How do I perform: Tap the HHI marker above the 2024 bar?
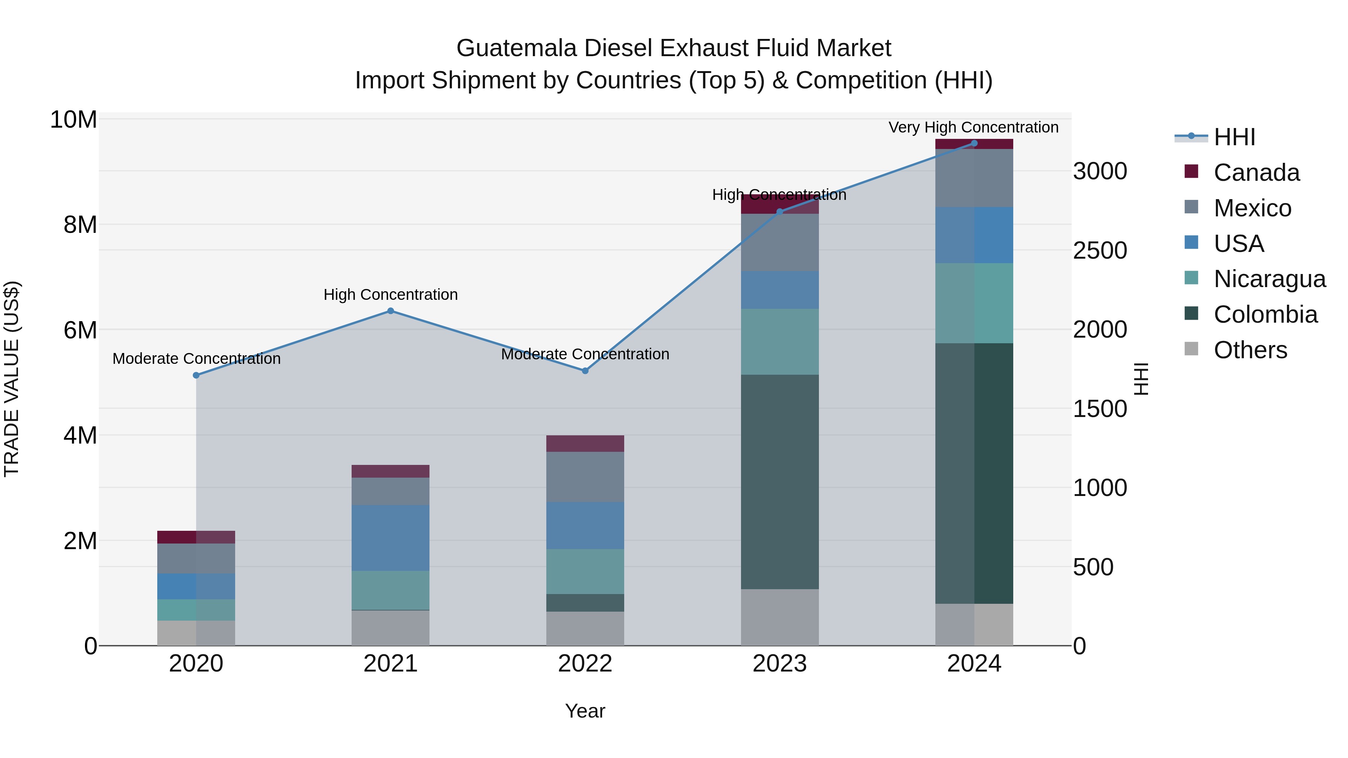coord(974,143)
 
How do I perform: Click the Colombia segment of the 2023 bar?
coord(780,481)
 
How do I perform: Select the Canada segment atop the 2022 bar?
coord(585,443)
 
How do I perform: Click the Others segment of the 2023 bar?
coord(780,617)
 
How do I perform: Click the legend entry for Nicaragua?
coord(1269,279)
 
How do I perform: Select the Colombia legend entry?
coord(1265,314)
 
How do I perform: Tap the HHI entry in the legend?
coord(1234,137)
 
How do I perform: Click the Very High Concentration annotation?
coord(973,127)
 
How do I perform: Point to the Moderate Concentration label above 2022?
coord(585,354)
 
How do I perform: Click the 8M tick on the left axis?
coord(80,225)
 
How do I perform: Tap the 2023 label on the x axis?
coord(780,664)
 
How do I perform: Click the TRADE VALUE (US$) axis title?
coord(12,379)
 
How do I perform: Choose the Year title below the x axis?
coord(585,711)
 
